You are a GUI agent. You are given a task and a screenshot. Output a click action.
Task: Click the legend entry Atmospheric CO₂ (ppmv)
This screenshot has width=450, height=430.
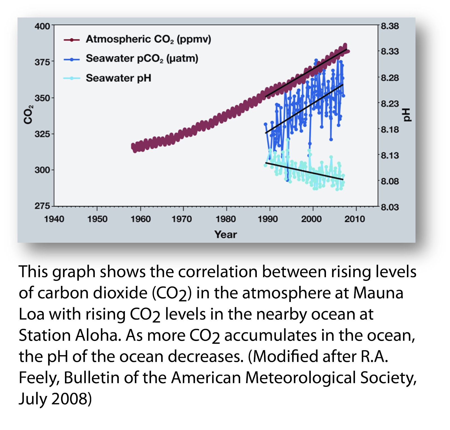click(148, 39)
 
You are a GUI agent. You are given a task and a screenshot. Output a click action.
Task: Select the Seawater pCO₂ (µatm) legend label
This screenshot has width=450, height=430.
click(142, 59)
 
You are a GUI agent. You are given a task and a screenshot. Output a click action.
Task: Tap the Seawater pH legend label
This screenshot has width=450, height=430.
click(118, 78)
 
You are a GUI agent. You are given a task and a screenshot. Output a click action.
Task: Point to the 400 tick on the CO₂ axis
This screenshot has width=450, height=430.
click(42, 26)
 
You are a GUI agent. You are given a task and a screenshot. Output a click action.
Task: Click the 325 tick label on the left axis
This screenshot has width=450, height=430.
click(42, 134)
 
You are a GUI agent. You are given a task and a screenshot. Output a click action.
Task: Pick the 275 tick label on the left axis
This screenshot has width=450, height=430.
click(42, 206)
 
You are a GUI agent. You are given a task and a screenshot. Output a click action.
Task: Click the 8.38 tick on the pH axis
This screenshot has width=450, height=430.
click(390, 26)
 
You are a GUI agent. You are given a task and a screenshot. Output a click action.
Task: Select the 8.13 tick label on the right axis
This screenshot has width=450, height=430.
click(390, 155)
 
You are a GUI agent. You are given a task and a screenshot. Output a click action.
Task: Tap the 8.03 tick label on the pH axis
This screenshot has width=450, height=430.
click(390, 207)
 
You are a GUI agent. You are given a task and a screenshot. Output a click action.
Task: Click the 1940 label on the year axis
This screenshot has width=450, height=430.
click(54, 219)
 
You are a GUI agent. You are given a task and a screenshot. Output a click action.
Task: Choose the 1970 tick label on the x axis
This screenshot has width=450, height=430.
click(182, 219)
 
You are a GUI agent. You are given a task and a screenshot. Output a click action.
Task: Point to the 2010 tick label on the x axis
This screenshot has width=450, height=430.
click(355, 219)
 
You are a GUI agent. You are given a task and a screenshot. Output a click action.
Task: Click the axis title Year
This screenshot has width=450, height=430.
click(226, 235)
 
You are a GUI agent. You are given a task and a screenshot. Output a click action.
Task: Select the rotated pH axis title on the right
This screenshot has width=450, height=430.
click(407, 115)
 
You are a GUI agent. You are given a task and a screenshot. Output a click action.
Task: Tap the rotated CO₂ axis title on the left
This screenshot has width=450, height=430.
click(28, 115)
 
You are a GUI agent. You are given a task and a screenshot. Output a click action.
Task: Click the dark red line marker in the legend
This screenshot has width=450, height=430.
click(72, 40)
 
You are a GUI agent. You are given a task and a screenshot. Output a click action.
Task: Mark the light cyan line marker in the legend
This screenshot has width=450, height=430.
click(72, 78)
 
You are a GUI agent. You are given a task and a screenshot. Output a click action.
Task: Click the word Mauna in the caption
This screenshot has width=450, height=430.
click(378, 293)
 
